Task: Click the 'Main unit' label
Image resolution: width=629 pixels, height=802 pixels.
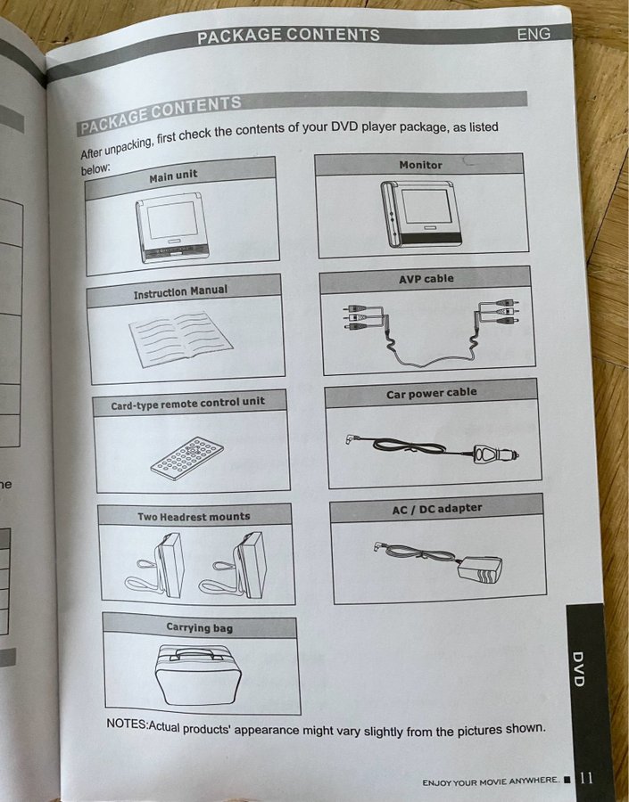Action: (x=173, y=176)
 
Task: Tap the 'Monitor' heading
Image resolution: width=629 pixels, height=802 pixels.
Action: (x=420, y=165)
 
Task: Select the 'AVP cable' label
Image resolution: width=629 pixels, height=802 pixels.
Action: (x=426, y=279)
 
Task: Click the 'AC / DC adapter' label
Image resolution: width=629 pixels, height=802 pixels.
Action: (x=437, y=509)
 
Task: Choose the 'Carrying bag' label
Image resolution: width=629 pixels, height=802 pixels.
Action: (x=199, y=627)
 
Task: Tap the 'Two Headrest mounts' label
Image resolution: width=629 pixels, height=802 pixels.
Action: (x=194, y=517)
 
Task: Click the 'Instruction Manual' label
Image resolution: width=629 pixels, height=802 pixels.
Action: (x=180, y=291)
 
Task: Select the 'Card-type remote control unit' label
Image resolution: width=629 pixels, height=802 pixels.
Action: (x=188, y=403)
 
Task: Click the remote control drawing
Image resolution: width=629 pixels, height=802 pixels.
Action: (x=187, y=458)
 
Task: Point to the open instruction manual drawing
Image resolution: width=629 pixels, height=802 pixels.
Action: (x=180, y=339)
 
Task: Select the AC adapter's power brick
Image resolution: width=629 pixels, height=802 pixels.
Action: (x=481, y=569)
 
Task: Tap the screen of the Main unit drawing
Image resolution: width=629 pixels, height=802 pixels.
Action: (x=173, y=220)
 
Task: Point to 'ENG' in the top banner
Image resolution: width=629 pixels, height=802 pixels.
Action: (x=534, y=34)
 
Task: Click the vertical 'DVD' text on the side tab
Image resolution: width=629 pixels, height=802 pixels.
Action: (x=578, y=669)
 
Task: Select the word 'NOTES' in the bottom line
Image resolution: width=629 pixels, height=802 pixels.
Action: (x=126, y=724)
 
